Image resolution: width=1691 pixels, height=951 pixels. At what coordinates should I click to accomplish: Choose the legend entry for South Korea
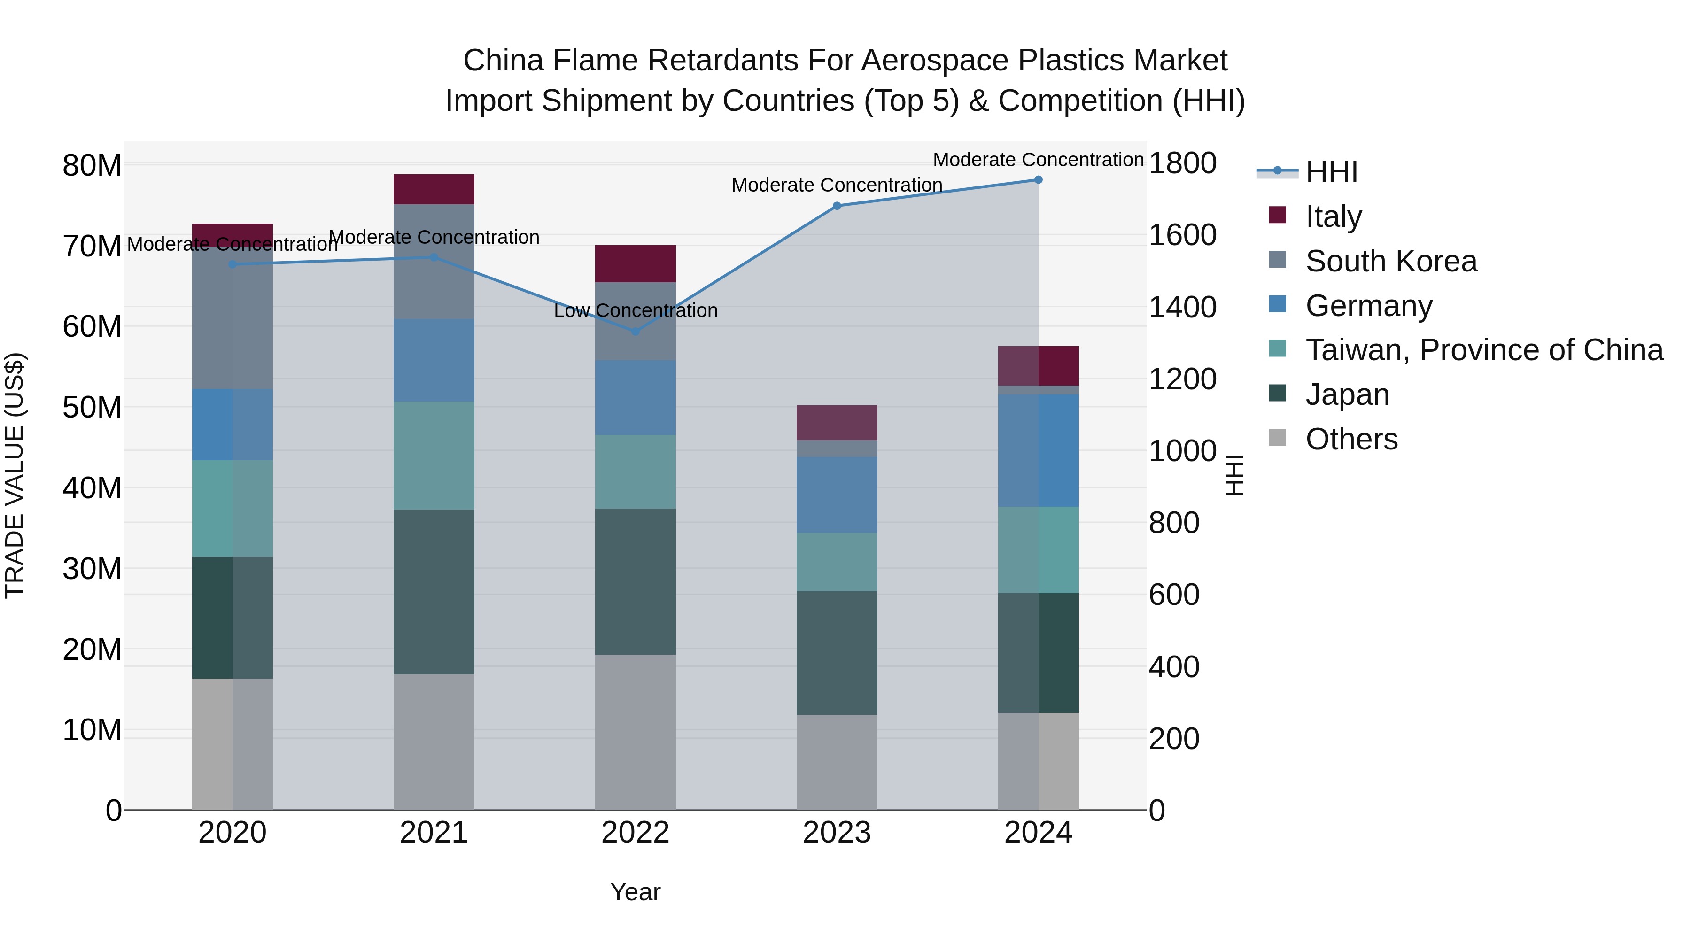tap(1390, 261)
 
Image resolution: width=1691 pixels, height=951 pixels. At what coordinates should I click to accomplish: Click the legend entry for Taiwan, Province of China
tap(1483, 350)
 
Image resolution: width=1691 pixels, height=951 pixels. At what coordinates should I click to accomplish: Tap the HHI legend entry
tap(1331, 172)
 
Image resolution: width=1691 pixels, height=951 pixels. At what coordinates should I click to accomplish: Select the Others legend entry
tap(1351, 439)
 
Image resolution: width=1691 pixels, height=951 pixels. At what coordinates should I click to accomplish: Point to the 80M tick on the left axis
tap(92, 165)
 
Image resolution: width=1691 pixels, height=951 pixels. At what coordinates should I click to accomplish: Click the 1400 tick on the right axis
tap(1182, 307)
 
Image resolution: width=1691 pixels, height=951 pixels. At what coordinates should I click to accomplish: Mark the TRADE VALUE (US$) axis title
tap(15, 475)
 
